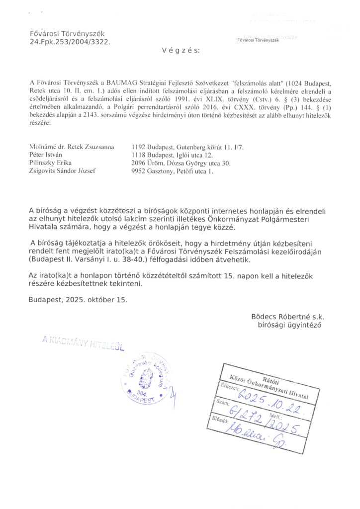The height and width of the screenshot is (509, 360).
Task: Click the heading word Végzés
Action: click(x=180, y=51)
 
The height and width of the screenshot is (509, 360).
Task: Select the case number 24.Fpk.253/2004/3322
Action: click(x=70, y=42)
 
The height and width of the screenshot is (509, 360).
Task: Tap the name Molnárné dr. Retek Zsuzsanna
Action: click(x=72, y=147)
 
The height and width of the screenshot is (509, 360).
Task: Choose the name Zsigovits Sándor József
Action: click(x=63, y=171)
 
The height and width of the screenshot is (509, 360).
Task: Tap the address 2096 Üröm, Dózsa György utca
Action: click(x=181, y=163)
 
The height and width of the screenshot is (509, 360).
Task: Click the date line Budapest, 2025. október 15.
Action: click(x=78, y=300)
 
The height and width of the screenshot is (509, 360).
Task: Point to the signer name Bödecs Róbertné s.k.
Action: click(x=288, y=317)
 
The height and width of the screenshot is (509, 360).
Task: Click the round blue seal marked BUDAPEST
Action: click(x=145, y=381)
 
